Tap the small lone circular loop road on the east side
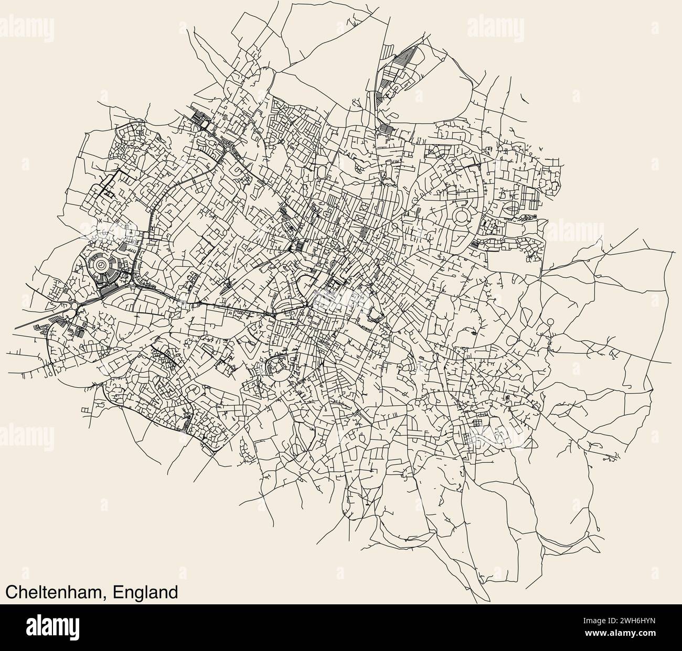pyautogui.click(x=550, y=321)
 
